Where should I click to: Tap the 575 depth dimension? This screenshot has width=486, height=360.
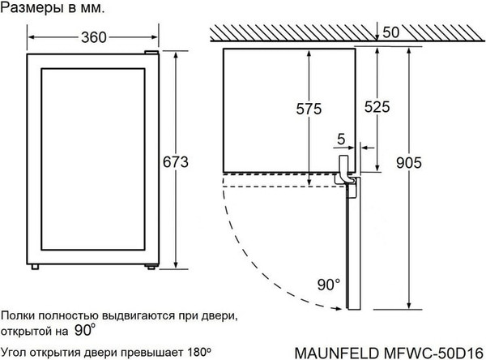(x=309, y=109)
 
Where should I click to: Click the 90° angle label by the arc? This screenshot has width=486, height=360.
(x=327, y=285)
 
